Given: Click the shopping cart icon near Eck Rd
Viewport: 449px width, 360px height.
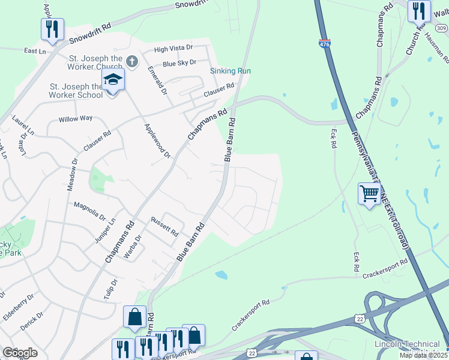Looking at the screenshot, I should tap(369, 194).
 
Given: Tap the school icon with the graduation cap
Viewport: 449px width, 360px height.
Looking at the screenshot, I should tap(113, 79).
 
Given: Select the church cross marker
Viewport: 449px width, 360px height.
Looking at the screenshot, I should tap(132, 61).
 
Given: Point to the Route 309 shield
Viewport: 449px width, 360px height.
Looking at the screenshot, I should tap(442, 28).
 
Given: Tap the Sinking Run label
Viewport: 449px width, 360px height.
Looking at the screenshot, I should tap(230, 71).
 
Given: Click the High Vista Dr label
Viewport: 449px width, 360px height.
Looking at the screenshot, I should tap(173, 48).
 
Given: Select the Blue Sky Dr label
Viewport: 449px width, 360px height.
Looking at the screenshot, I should tap(180, 62).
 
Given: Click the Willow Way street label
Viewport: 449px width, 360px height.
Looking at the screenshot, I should tap(76, 119).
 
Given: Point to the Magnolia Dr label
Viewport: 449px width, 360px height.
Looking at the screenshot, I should tap(89, 207).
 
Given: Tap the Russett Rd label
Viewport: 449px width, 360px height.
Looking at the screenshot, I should tap(164, 226).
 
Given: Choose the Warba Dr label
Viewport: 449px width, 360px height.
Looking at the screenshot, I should tap(132, 247).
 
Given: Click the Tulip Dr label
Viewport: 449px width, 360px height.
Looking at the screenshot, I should tap(110, 290).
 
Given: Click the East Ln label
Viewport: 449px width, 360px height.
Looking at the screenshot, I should tap(35, 52).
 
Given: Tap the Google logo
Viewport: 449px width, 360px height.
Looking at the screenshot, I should tap(20, 352).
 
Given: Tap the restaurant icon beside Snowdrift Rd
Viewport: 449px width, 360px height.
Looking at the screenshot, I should tap(52, 29).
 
